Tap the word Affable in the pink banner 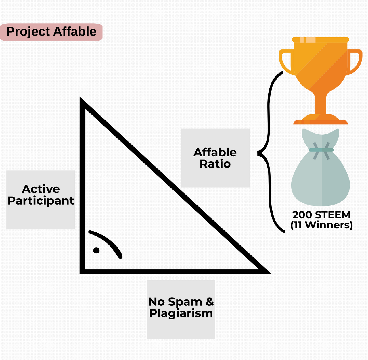[x=75, y=31]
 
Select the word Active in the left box [x=41, y=189]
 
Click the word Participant [x=41, y=201]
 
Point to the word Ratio [x=215, y=164]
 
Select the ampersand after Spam [x=210, y=301]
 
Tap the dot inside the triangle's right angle [x=96, y=250]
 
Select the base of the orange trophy [x=321, y=120]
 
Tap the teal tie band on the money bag [x=321, y=150]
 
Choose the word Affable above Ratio [x=215, y=152]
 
